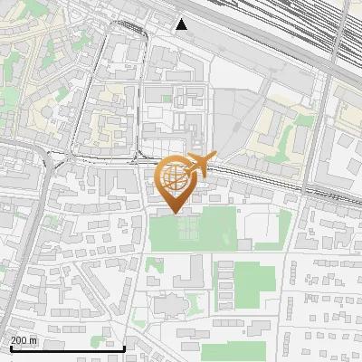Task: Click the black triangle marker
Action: coord(182,24)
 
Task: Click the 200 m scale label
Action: coord(24,340)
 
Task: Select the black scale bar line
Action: coord(67,349)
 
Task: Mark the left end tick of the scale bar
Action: coord(10,348)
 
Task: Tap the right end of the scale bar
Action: coord(125,348)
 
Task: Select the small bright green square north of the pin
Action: coord(166,98)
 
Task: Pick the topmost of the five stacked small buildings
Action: coord(224,263)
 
